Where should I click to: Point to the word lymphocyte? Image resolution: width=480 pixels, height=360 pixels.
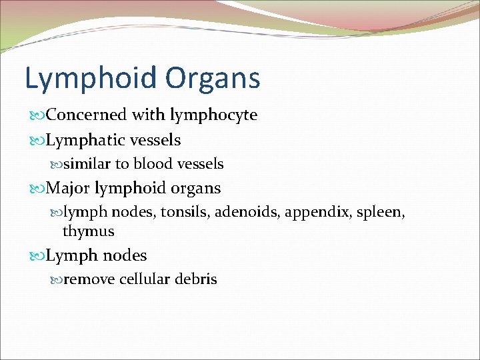[213, 115]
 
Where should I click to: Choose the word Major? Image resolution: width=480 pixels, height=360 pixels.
[68, 189]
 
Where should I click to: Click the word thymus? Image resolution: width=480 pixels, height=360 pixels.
[88, 232]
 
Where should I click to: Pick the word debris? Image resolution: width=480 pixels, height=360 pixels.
[196, 279]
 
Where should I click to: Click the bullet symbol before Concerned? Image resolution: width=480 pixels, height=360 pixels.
[36, 115]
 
